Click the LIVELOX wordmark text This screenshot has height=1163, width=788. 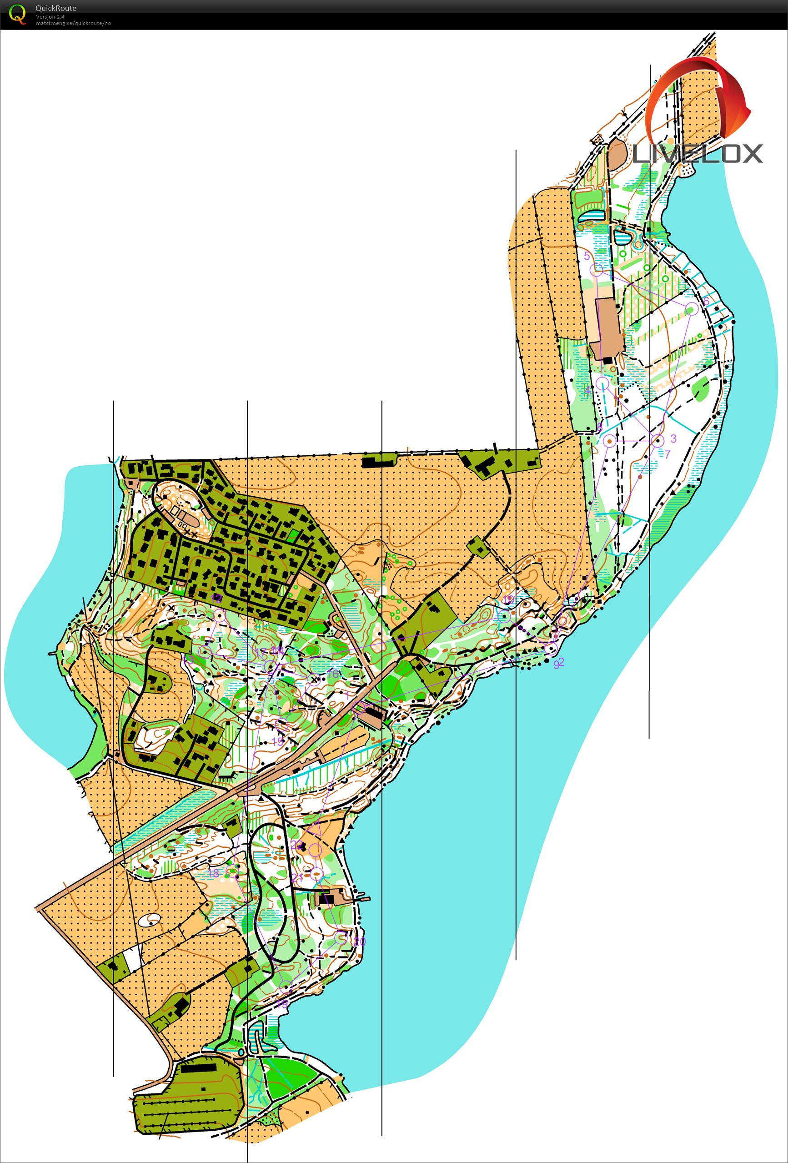pos(698,154)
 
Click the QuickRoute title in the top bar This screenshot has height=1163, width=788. pos(55,8)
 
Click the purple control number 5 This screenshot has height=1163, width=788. pos(587,256)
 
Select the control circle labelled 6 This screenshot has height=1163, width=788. pos(692,308)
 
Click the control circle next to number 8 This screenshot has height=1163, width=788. pos(609,440)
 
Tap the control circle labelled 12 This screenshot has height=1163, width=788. pos(219,615)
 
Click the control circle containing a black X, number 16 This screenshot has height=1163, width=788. pos(314,679)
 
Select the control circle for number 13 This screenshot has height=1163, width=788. pos(205,650)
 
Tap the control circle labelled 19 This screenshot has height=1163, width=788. pos(285,987)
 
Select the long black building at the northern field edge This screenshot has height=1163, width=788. pos(378,461)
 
